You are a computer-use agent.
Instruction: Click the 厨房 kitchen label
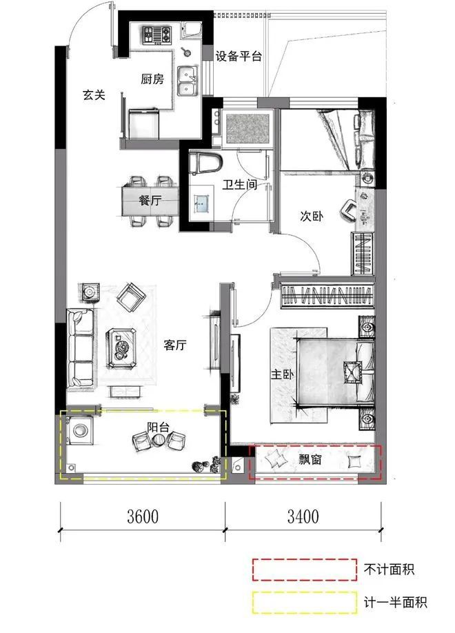[152, 79]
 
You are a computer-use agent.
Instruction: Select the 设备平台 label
[239, 57]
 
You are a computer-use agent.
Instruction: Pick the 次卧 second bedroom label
[312, 216]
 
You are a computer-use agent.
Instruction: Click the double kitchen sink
[186, 81]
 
